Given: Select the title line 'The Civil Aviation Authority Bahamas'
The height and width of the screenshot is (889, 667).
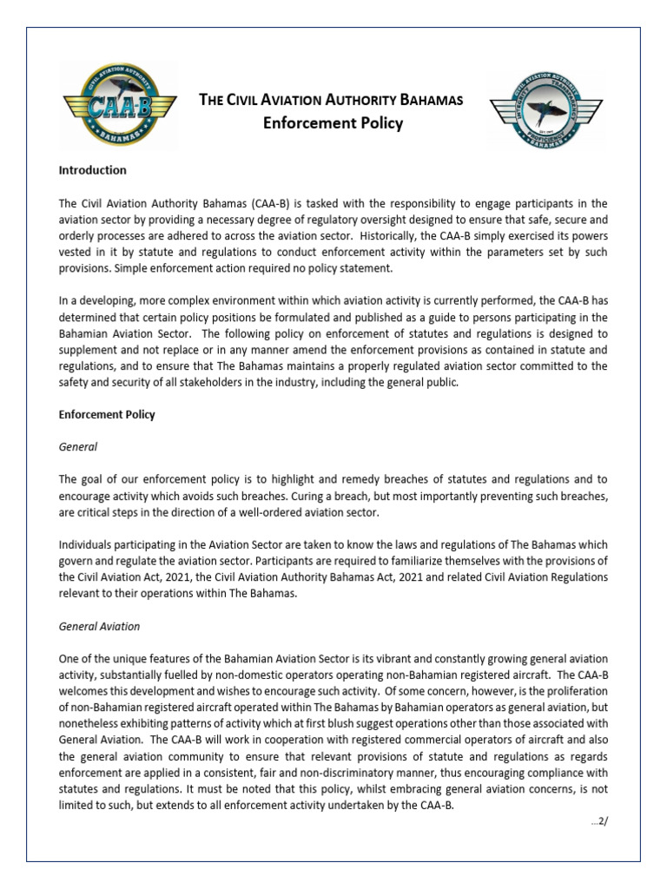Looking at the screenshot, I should [332, 99].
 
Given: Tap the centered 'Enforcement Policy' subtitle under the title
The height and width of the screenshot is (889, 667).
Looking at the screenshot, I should [333, 123].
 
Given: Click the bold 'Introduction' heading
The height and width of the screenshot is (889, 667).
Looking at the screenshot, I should [92, 170].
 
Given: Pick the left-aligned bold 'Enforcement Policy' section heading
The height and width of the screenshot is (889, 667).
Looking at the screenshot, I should [107, 415].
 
